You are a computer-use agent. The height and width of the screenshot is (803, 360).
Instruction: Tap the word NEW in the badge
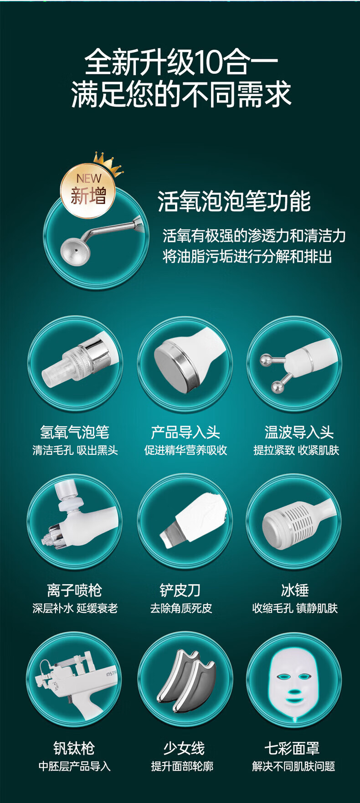tap(89, 179)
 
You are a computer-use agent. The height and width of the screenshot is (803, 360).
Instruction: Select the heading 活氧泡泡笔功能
tap(234, 201)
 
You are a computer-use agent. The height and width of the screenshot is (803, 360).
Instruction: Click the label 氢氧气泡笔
tap(75, 432)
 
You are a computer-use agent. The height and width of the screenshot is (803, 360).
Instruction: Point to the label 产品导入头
tap(185, 432)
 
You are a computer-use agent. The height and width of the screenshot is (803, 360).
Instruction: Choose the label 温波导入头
tap(299, 432)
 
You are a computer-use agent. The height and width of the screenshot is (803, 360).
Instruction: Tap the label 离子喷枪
tap(74, 590)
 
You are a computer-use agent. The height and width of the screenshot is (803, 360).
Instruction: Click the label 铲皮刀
tap(180, 590)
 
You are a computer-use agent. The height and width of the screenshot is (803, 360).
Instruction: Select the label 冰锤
tap(295, 590)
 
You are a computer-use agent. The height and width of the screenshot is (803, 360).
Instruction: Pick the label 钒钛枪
tap(74, 748)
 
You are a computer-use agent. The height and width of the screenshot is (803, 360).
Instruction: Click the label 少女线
tap(184, 748)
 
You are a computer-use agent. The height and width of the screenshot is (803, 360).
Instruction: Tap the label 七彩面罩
tap(292, 748)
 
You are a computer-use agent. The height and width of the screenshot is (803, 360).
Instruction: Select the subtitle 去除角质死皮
tap(181, 608)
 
